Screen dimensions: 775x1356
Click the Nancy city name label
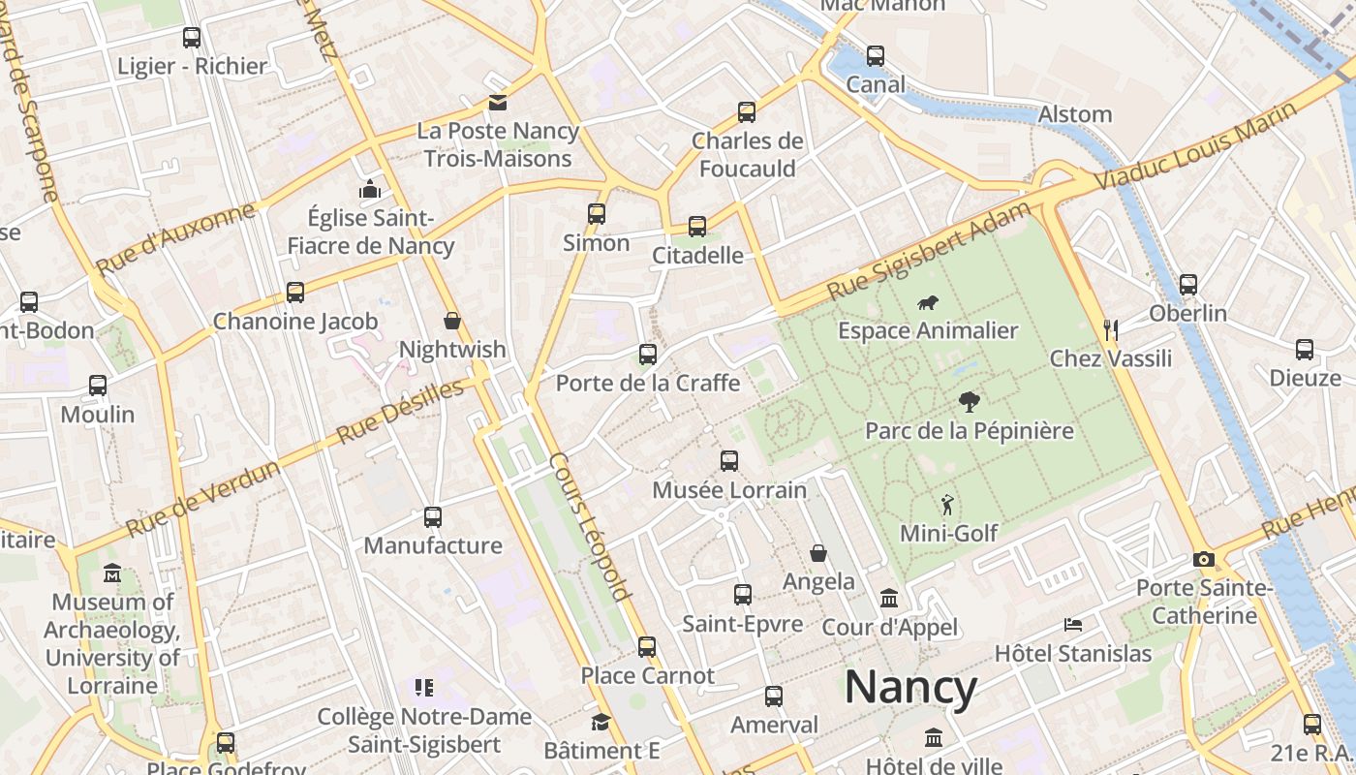point(910,687)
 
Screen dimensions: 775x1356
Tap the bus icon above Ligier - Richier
point(192,38)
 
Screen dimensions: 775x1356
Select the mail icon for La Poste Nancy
point(497,103)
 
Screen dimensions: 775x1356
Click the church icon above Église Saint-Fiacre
point(370,189)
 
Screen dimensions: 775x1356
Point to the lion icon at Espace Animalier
point(928,303)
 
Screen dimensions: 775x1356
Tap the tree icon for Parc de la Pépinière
point(969,402)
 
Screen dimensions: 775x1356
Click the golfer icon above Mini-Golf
point(947,505)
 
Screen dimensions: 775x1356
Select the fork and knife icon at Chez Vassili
point(1111,330)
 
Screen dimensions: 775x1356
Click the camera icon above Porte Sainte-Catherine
point(1204,560)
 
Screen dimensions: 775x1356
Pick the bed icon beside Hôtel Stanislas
point(1073,625)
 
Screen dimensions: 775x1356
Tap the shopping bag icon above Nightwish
point(451,321)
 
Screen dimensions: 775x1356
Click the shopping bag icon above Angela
point(818,553)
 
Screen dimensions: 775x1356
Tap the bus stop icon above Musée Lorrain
point(729,461)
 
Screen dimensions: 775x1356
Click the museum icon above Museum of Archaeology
point(112,573)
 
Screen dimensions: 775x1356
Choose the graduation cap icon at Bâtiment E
point(601,723)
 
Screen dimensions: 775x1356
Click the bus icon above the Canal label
point(876,56)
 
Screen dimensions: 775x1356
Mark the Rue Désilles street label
point(400,413)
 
